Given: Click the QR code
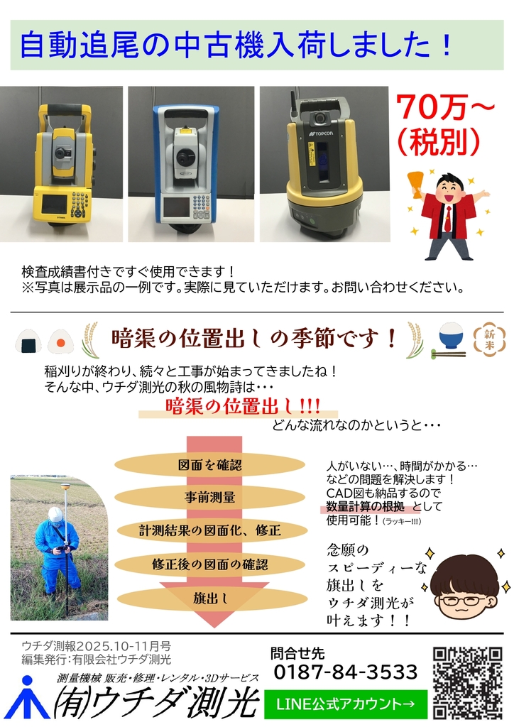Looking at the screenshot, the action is [468, 683].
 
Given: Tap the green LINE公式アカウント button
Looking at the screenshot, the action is [345, 704].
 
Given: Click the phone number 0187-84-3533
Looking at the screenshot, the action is [346, 672].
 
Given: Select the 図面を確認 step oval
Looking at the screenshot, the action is [209, 465].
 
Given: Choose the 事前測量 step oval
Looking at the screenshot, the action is [209, 498].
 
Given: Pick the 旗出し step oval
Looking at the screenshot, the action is [211, 598].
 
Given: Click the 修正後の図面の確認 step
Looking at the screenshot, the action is [209, 564].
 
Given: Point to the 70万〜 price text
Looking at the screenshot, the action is [445, 107].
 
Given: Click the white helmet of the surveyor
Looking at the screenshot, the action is [55, 514].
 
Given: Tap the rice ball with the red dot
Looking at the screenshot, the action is [61, 341].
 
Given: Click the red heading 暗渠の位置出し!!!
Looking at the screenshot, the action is [242, 406].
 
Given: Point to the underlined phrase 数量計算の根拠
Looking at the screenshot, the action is [365, 506].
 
